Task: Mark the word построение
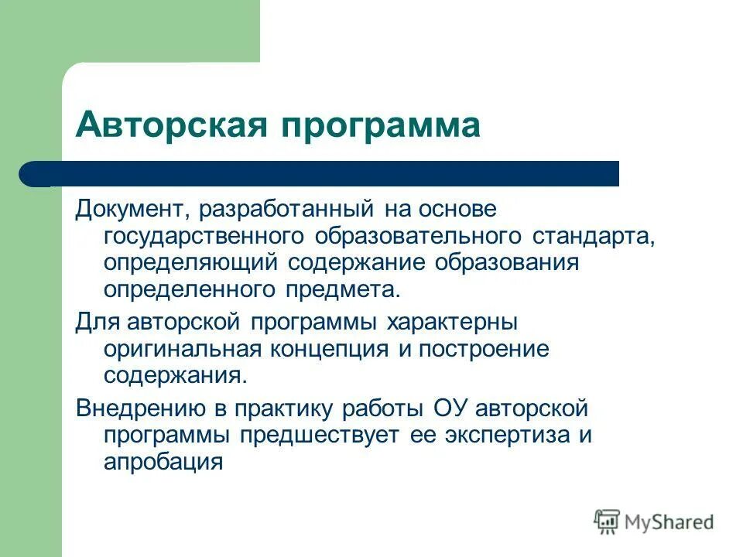tap(484, 348)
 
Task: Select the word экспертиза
tap(505, 435)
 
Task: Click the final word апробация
tap(163, 462)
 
